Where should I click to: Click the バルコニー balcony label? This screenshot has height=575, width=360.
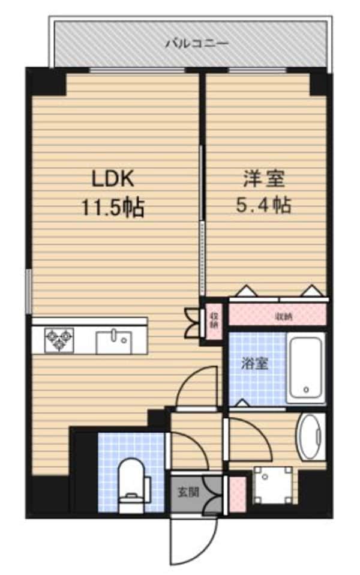[x=197, y=44]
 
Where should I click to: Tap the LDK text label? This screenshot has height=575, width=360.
[x=113, y=180]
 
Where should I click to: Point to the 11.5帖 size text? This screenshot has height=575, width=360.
[x=112, y=208]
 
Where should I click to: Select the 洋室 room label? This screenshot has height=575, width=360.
[x=263, y=179]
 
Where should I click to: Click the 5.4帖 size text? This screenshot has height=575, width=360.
[x=263, y=205]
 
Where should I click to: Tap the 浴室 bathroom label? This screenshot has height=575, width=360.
[x=254, y=364]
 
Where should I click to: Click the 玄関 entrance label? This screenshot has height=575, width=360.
[x=188, y=492]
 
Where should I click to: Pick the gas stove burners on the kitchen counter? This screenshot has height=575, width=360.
[x=59, y=340]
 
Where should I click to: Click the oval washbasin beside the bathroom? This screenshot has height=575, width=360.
[x=311, y=436]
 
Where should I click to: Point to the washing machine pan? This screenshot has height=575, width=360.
[x=273, y=485]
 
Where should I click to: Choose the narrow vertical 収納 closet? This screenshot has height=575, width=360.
[x=214, y=320]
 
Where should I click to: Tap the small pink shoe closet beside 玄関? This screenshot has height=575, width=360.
[x=237, y=494]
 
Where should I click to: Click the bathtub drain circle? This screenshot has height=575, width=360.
[x=307, y=390]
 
